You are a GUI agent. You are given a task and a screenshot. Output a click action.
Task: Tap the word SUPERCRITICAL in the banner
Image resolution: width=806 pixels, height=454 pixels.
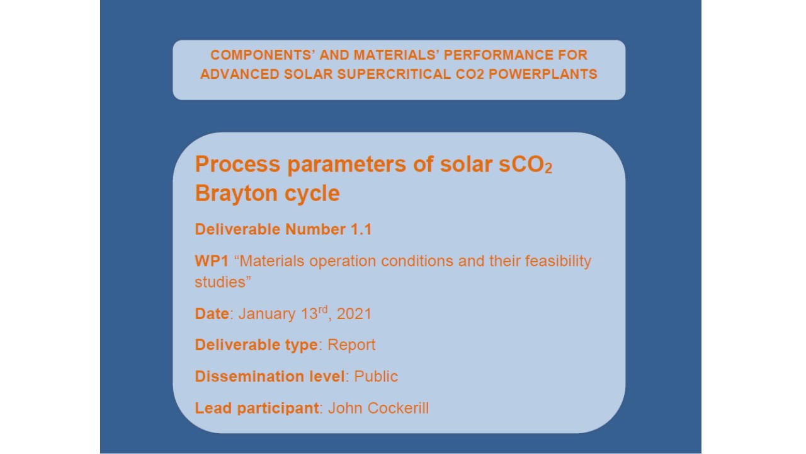coord(394,74)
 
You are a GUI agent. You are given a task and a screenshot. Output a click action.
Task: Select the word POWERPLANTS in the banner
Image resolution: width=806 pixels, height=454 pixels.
coord(543,74)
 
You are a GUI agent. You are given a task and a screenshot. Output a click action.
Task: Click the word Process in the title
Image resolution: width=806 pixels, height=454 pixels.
coord(237,165)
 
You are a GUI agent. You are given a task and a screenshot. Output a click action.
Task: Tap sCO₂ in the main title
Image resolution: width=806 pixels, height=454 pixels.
coord(525,165)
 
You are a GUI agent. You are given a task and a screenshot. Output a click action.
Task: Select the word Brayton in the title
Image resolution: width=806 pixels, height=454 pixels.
coord(236,194)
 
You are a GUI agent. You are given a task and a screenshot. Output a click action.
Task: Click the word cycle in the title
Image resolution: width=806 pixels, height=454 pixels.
coord(312,194)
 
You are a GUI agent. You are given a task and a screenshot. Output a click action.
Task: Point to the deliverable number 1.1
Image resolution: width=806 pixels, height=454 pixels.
coord(361,230)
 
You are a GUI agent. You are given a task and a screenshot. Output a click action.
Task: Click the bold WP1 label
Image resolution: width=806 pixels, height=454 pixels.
coord(212,261)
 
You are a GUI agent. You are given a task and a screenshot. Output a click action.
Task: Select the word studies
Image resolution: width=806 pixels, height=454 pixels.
coord(220,282)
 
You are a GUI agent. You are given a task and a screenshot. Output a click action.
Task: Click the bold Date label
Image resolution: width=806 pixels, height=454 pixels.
coord(212,314)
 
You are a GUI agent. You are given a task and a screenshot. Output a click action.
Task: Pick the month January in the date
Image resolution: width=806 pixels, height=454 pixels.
coord(267,314)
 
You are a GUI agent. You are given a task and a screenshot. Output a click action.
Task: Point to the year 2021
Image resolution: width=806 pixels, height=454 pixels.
coord(354,314)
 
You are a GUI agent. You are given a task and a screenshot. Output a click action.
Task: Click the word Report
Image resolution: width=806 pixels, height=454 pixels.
coord(351,345)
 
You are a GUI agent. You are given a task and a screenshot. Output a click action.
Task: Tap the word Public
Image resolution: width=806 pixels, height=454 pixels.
coord(376,376)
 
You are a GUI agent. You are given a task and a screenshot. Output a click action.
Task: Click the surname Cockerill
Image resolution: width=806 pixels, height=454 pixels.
coord(399,408)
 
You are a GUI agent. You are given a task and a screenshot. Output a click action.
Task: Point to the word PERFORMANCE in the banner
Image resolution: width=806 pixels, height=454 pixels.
coord(498,55)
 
